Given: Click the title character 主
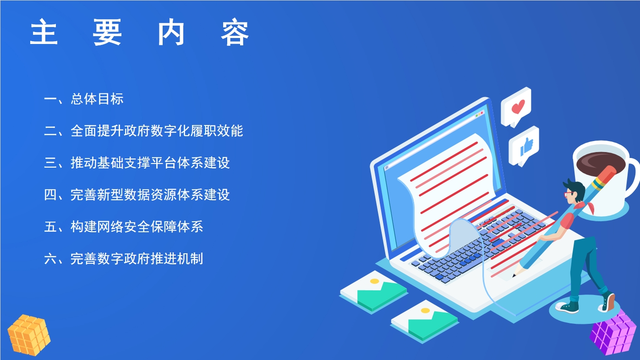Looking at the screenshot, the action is pos(44,32).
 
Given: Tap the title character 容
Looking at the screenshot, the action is pos(235,32).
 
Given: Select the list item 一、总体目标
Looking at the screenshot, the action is pos(84,99).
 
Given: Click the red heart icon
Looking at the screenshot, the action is pos(518,106).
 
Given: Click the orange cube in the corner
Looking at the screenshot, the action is pos(29,335).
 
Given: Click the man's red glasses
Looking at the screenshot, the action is pos(569,195).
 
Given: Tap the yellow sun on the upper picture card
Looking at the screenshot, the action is pos(374,281).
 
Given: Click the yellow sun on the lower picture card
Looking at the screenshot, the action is pos(425,311).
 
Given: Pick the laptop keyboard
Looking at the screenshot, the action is pos(480,245).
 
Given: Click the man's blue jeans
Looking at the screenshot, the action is pos(589,268).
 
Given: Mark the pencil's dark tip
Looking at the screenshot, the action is pos(514,275).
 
